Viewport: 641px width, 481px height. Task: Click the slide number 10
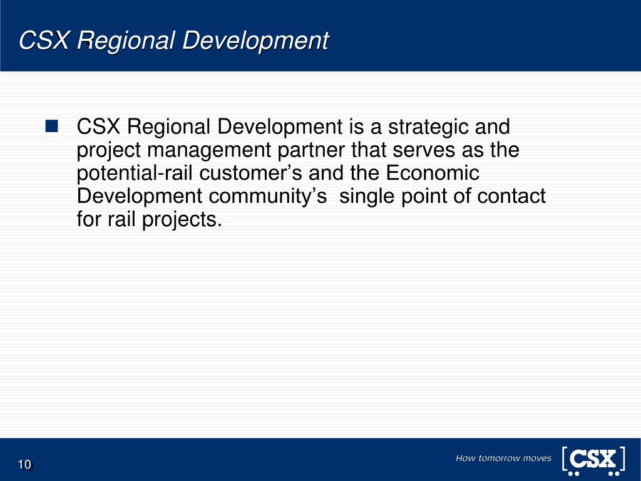(x=24, y=464)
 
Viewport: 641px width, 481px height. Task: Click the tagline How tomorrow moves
(x=503, y=458)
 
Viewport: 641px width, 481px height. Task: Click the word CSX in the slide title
(x=45, y=41)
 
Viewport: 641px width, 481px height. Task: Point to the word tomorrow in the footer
(x=499, y=458)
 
